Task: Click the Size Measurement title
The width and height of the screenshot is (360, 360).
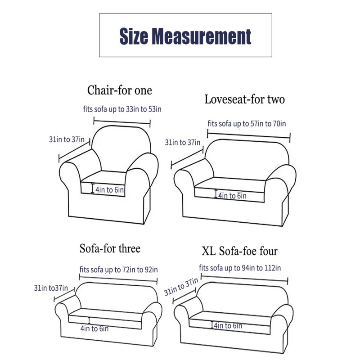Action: coord(185,36)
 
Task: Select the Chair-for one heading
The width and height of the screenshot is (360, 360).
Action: coord(120,90)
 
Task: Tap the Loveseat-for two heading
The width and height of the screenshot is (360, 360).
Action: coord(244,99)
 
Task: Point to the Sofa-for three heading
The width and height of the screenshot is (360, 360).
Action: coord(110,248)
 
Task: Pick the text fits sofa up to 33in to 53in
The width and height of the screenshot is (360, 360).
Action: coord(122,109)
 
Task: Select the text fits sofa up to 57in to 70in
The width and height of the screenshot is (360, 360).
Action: coord(247,123)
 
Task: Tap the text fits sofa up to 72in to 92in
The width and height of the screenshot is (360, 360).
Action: coord(118,270)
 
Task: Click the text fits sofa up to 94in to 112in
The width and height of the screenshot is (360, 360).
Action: coord(241,268)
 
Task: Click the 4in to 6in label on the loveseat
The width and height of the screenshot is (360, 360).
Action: coord(232,195)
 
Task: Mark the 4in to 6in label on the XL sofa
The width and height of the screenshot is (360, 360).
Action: coord(228,325)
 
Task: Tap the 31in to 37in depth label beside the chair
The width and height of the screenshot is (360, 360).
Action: coord(67,139)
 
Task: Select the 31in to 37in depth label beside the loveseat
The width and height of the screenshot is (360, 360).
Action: coord(183,143)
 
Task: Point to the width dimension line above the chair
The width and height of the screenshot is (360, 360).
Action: coord(121,121)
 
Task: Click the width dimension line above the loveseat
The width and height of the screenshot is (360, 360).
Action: coord(248,134)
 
